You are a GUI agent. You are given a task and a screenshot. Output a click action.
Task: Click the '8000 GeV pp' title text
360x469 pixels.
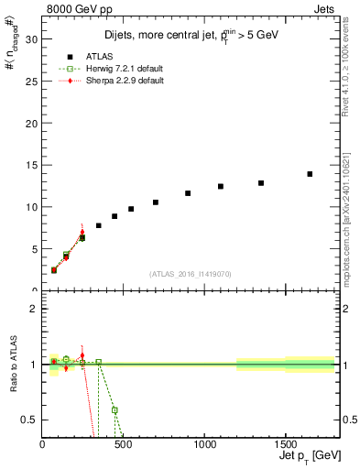74,7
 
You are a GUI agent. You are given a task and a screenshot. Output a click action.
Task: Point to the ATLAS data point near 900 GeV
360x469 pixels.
188,193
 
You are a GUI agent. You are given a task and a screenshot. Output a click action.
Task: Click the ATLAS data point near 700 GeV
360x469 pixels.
156,202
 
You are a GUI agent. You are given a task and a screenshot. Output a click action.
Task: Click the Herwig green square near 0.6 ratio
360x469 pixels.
115,410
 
